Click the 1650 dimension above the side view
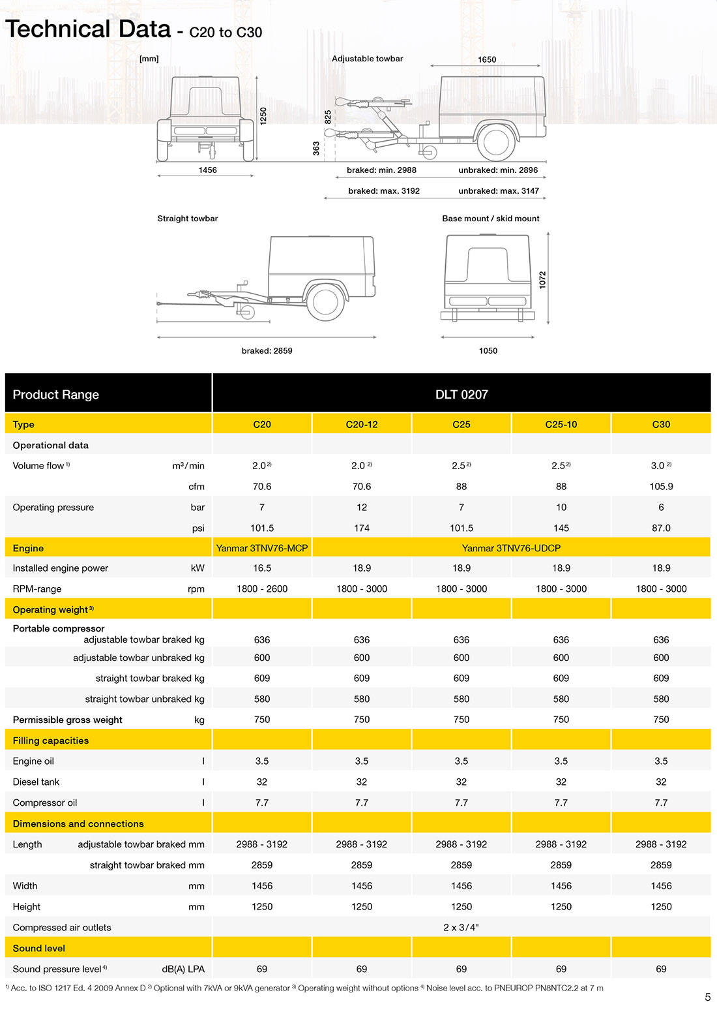(x=487, y=59)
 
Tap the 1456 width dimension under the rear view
(x=207, y=170)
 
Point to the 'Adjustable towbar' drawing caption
(x=367, y=59)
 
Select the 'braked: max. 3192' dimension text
(x=384, y=191)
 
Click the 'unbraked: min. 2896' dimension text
(x=498, y=170)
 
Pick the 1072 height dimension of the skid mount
(x=542, y=279)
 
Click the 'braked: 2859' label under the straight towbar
(x=267, y=351)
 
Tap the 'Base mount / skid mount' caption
(x=490, y=219)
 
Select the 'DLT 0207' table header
(x=461, y=395)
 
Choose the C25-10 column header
(x=561, y=424)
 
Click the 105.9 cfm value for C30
(x=661, y=487)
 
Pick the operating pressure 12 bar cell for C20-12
(x=362, y=508)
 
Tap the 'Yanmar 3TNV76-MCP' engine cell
(x=262, y=548)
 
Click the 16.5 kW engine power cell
(x=262, y=568)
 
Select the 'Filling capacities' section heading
(x=51, y=741)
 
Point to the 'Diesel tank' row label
(x=36, y=782)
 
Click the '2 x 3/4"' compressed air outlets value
(x=461, y=927)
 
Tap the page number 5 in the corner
(x=708, y=997)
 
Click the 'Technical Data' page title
(x=88, y=29)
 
